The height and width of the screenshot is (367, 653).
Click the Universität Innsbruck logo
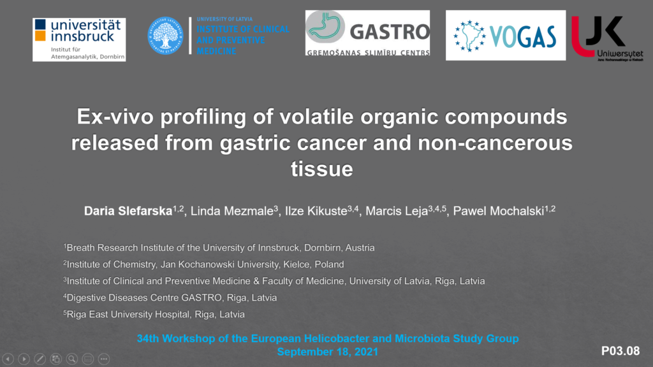(79, 40)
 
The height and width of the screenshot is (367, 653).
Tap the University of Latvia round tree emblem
(165, 36)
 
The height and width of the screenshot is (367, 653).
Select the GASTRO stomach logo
(367, 33)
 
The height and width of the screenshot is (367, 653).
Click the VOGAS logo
(506, 36)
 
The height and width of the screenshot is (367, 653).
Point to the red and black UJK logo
(607, 38)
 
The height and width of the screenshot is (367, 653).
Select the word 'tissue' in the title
(322, 169)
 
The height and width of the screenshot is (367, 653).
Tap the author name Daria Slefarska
(128, 211)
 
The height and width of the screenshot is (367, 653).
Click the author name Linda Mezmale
(231, 211)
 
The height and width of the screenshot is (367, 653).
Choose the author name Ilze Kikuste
(316, 211)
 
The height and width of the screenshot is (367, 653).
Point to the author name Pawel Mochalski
(499, 211)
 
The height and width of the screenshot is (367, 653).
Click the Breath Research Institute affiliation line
(219, 248)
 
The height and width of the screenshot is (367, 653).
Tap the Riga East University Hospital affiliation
(154, 314)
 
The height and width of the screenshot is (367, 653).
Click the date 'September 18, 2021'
(328, 352)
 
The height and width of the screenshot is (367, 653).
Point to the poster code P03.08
(620, 351)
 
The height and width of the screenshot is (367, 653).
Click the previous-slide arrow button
(8, 359)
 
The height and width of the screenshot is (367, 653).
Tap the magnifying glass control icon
(72, 359)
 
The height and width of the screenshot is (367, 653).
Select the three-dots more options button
(104, 359)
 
